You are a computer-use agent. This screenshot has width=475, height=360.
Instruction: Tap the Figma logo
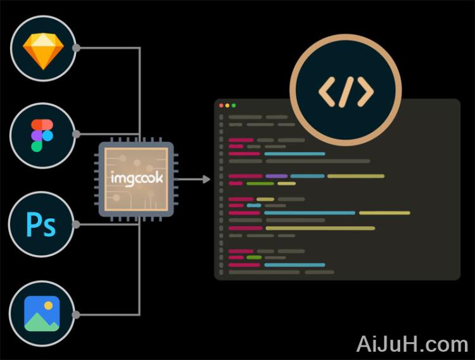42,135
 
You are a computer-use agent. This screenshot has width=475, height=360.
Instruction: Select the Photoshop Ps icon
42,225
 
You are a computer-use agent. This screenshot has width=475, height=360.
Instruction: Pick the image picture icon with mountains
42,313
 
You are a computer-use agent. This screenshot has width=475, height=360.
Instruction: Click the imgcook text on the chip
137,178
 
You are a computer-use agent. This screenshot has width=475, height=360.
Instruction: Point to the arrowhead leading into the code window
206,180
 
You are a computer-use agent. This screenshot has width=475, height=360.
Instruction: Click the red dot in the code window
221,105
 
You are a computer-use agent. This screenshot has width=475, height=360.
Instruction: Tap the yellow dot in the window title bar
227,105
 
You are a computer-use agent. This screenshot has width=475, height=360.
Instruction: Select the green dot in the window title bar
234,105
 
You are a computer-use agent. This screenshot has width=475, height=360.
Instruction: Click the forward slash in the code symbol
346,93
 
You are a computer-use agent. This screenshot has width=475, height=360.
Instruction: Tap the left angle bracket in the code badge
326,93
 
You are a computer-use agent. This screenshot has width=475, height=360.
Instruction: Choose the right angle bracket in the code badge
365,93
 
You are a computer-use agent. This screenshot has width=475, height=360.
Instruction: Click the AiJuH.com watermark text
412,344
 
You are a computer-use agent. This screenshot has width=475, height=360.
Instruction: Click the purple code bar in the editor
276,176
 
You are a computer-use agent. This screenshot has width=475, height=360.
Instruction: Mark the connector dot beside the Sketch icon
76,48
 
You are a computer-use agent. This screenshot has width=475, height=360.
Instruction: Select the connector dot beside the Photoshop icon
76,224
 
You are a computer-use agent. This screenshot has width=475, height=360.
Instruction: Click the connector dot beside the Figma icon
76,134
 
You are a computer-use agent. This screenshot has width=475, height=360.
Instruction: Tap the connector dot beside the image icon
76,314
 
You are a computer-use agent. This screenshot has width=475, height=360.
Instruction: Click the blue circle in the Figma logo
47,135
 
